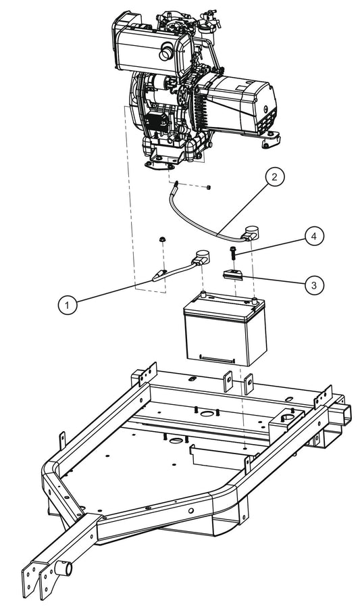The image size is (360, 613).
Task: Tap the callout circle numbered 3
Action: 313,285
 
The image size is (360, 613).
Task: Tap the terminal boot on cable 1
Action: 201,258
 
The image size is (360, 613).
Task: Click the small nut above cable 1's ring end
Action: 162,240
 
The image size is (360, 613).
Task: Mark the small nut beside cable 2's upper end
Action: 210,187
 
